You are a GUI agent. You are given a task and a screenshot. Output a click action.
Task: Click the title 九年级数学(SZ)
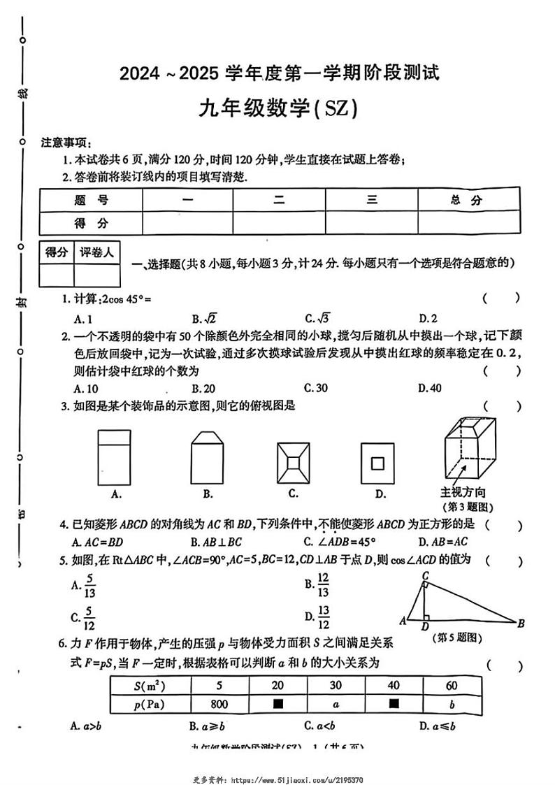[278, 109]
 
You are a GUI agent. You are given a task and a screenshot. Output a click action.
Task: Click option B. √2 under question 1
[204, 318]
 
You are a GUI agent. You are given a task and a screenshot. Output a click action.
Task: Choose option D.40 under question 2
[429, 388]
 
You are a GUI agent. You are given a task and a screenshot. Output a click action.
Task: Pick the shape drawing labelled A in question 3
[117, 456]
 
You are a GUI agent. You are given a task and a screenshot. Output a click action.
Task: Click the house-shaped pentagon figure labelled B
[208, 456]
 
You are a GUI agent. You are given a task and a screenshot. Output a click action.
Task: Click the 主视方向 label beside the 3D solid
[463, 493]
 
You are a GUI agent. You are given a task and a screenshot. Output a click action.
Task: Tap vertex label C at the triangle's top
[425, 575]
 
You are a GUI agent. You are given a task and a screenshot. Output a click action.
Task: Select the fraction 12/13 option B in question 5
[318, 586]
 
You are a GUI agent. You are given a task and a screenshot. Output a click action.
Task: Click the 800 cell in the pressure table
[219, 703]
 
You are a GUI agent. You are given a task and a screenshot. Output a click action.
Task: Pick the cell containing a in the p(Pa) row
[336, 703]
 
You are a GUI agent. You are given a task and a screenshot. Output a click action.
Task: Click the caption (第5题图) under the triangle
[459, 638]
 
